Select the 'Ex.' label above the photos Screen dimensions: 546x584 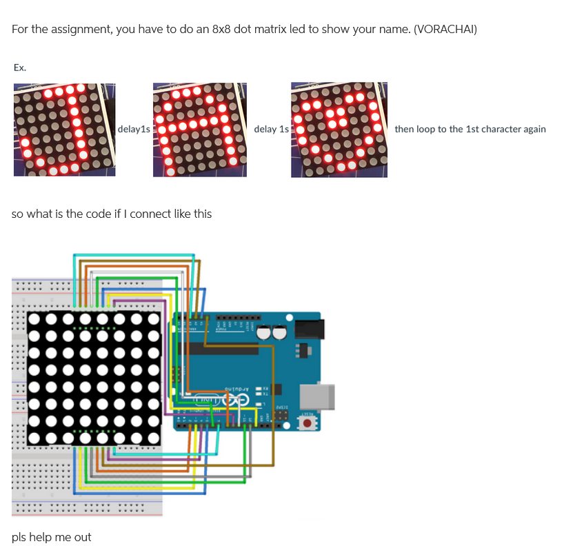click(19, 68)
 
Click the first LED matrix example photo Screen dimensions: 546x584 click(64, 129)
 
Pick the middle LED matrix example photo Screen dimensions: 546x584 click(199, 129)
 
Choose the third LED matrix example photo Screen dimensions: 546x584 click(339, 129)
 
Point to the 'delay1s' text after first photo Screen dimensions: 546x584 click(134, 129)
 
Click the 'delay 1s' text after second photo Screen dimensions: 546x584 click(271, 129)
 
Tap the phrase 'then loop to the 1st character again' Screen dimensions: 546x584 click(470, 129)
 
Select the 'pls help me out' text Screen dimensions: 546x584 click(51, 537)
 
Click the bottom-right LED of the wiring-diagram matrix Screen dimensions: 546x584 click(153, 436)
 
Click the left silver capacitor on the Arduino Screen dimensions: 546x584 click(264, 332)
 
